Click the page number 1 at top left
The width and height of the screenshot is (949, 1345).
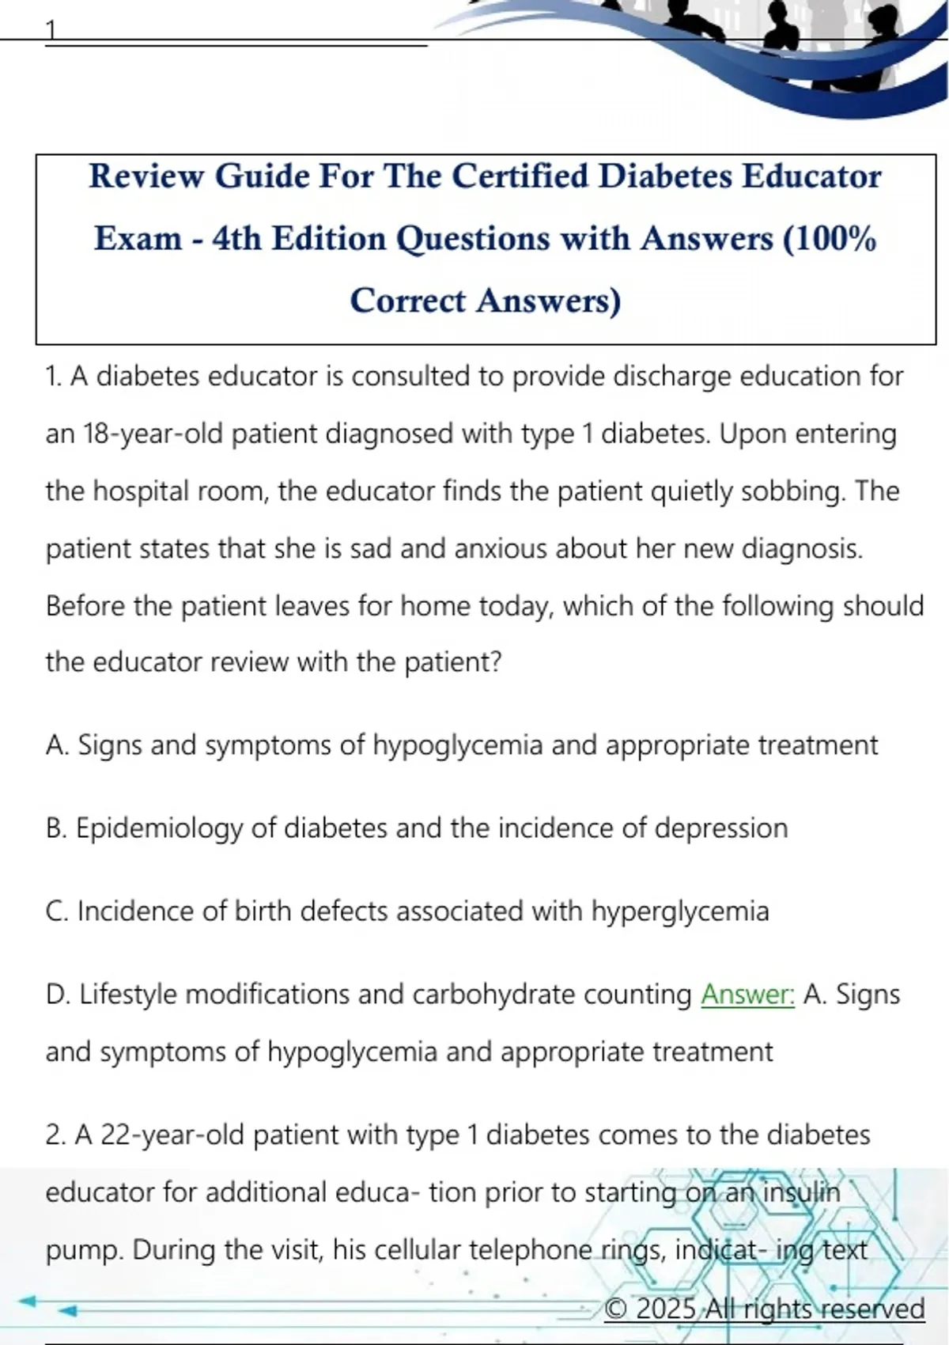[51, 30]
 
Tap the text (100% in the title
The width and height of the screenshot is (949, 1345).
[830, 238]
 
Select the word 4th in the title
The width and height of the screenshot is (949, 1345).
[236, 238]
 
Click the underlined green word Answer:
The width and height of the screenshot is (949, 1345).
[747, 994]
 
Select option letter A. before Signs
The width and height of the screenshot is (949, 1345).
[58, 745]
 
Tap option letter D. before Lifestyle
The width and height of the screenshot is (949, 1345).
[58, 995]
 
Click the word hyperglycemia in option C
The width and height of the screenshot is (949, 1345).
[679, 911]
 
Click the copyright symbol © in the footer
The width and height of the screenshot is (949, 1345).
[616, 1309]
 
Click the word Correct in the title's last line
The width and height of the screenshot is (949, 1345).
[408, 301]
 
